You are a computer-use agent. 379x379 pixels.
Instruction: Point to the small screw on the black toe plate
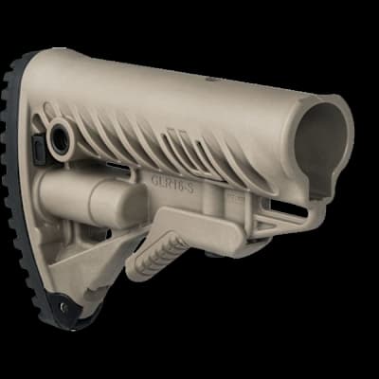pyautogui.click(x=67, y=306)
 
